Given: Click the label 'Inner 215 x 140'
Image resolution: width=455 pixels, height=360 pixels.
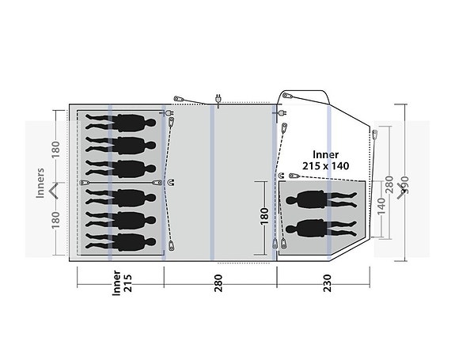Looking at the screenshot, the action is click(x=325, y=160).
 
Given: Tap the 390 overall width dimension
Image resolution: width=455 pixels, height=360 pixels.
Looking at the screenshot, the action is click(x=404, y=185).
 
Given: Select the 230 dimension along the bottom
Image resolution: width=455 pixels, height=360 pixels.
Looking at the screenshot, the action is click(x=327, y=282).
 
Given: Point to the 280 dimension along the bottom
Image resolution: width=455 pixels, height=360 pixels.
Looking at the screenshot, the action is click(x=218, y=282).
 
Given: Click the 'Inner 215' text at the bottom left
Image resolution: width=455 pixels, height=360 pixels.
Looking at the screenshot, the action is click(x=122, y=282).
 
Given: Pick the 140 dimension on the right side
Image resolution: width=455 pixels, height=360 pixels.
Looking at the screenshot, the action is click(x=381, y=206).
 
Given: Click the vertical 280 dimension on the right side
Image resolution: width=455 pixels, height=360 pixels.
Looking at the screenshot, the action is click(x=389, y=184).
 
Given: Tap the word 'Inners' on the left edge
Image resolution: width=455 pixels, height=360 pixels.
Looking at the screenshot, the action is click(x=40, y=183).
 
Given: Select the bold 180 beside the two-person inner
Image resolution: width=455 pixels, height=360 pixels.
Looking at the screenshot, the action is click(x=264, y=216).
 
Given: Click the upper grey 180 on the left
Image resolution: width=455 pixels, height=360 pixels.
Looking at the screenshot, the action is click(x=55, y=150).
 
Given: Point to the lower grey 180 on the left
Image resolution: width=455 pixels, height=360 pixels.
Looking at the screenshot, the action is click(x=55, y=220).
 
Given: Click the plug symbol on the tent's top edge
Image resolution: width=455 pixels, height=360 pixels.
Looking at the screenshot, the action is click(x=218, y=99).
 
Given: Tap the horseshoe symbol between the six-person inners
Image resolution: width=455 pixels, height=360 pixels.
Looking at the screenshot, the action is click(x=171, y=183).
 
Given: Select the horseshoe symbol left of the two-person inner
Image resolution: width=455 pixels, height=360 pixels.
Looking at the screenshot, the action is click(x=281, y=176).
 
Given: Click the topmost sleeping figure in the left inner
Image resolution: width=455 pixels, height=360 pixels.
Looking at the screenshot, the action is click(x=121, y=123).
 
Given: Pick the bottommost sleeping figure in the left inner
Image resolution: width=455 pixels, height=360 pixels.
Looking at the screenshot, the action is click(x=121, y=242).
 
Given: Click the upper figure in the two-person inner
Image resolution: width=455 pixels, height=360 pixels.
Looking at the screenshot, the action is click(x=321, y=199).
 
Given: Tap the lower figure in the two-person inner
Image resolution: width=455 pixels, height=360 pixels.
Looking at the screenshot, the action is click(x=321, y=229).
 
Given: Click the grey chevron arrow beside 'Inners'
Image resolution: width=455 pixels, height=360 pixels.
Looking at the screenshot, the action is click(x=54, y=191).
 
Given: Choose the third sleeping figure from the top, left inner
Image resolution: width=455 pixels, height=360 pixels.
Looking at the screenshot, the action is click(x=121, y=169).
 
